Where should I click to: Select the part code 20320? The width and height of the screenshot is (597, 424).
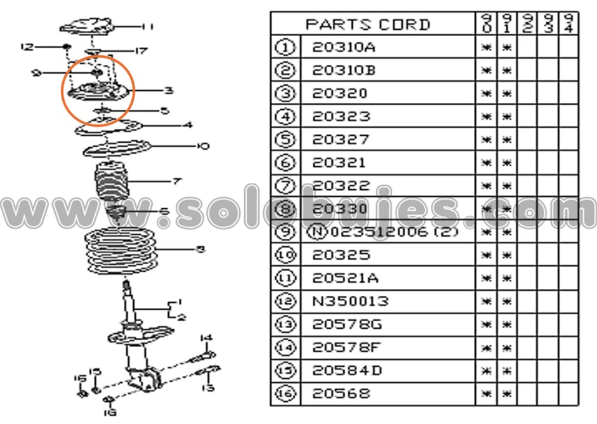340,94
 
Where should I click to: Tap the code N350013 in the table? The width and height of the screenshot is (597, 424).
350,301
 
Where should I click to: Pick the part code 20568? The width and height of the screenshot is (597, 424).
340,394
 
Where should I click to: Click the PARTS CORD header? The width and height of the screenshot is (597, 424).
368,25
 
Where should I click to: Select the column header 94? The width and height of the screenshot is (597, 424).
568,23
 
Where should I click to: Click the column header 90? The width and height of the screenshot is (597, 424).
486,23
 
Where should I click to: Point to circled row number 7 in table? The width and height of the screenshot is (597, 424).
286,186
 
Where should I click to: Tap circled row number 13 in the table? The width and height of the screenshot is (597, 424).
286,325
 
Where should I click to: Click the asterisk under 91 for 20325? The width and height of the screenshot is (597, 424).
507,256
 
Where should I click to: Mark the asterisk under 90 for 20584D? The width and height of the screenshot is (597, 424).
486,371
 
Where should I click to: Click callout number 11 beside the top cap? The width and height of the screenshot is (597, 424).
148,27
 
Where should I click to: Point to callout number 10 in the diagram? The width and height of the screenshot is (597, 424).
202,147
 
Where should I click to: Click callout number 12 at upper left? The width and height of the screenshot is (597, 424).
26,47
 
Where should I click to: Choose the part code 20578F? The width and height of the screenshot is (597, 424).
347,348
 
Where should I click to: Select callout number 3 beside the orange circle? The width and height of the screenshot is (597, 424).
168,91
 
